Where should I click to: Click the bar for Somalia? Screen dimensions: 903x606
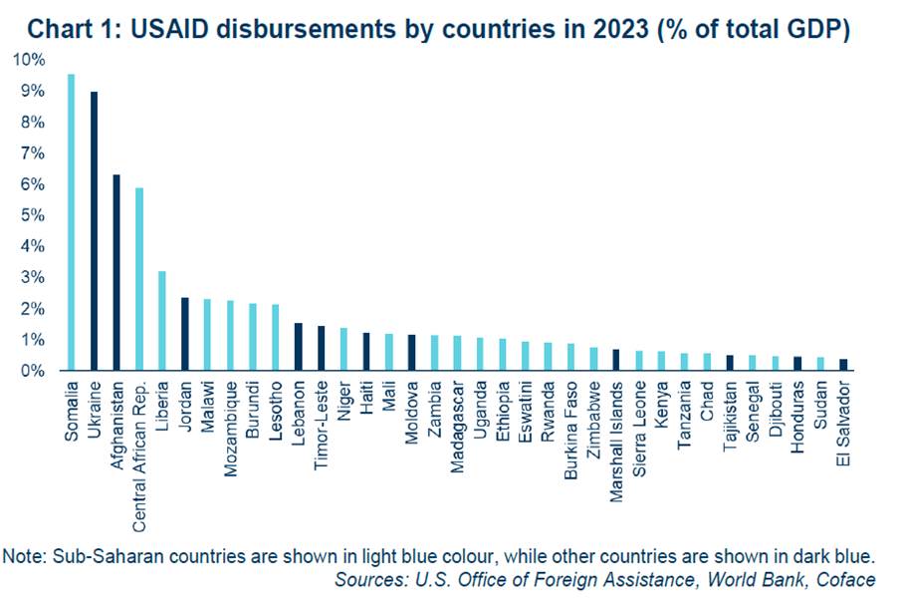click(72, 222)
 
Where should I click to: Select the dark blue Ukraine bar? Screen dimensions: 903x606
click(94, 230)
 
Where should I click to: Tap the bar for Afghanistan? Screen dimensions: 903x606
click(116, 272)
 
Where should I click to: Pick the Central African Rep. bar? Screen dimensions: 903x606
click(139, 279)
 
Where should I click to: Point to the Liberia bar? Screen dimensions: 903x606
click(162, 321)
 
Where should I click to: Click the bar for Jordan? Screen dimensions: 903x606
click(185, 334)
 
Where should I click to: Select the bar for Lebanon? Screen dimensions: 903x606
click(299, 347)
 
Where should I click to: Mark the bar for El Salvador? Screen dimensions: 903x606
click(843, 365)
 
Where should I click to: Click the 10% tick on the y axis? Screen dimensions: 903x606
click(29, 60)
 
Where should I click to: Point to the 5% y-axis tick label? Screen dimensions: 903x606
click(32, 215)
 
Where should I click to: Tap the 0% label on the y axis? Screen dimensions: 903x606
click(32, 371)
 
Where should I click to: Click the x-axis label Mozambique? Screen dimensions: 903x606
click(230, 429)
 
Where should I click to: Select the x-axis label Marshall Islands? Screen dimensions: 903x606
click(616, 442)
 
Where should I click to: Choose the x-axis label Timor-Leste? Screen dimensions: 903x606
click(321, 426)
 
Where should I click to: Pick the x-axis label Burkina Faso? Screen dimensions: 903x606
click(570, 431)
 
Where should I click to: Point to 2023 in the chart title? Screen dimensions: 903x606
click(621, 30)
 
